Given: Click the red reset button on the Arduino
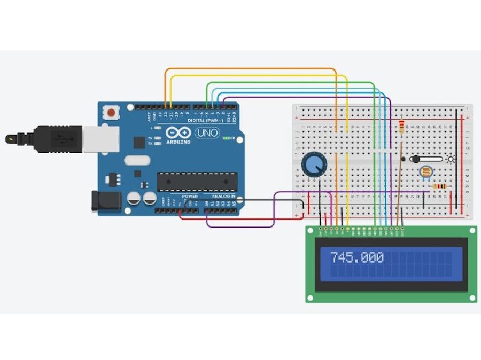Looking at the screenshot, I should (x=111, y=113).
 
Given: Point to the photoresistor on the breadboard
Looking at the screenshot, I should (x=426, y=172).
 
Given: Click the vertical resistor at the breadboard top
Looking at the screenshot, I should (x=401, y=126).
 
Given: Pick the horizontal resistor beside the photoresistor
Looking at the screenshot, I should (x=439, y=186).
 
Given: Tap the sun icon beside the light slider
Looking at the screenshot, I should (x=451, y=159).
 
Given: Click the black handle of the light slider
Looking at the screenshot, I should (x=416, y=159).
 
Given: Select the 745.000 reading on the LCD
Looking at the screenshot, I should (x=357, y=257).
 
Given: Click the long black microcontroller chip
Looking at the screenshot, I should (x=197, y=182).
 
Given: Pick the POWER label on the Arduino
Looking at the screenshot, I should (x=189, y=197).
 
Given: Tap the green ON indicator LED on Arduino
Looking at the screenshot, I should (x=228, y=138).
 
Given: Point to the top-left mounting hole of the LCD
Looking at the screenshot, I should (x=309, y=230).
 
